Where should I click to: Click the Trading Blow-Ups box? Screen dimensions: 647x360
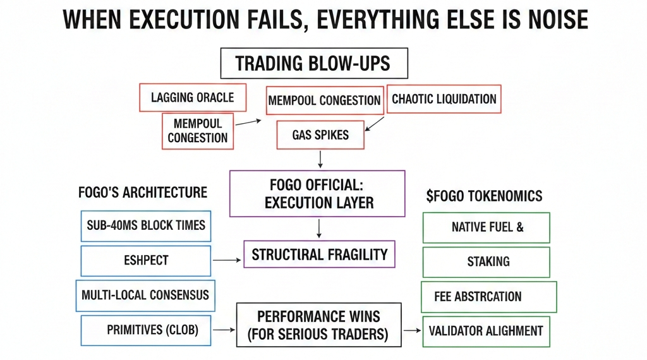click(x=313, y=64)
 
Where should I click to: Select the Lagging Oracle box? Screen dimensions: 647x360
click(x=192, y=97)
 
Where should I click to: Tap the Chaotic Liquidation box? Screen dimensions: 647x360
click(x=444, y=99)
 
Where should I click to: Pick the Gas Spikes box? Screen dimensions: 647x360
click(x=320, y=135)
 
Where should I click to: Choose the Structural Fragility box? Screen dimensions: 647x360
click(x=319, y=254)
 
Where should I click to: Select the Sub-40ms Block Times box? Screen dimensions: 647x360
click(x=145, y=225)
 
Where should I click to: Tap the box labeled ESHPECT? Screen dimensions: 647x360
click(x=145, y=260)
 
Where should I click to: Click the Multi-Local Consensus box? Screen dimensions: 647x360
click(x=145, y=295)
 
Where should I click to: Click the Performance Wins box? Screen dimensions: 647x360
click(x=318, y=324)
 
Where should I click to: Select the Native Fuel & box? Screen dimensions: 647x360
click(x=486, y=227)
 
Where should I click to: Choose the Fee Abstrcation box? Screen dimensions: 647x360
click(x=488, y=296)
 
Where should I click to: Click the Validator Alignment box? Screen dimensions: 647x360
click(x=485, y=330)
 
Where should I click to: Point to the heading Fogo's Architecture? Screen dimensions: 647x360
click(x=142, y=192)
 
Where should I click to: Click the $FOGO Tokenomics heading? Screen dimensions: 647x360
click(x=484, y=196)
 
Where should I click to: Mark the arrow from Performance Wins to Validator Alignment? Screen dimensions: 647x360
click(x=413, y=330)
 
